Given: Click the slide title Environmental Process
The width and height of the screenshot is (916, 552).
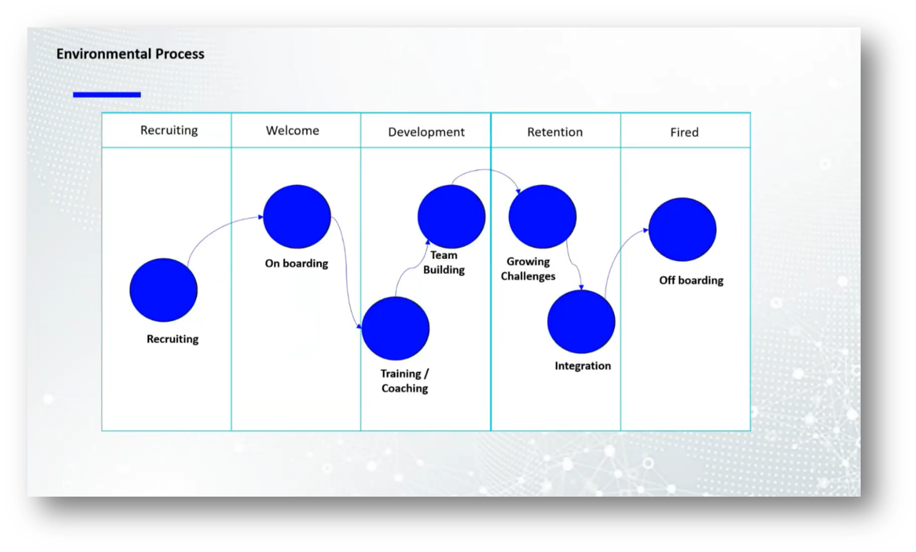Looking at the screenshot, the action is pos(130,54).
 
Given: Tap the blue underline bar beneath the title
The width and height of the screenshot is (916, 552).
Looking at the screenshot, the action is pos(107,94).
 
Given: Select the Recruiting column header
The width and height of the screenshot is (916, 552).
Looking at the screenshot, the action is pos(169,130).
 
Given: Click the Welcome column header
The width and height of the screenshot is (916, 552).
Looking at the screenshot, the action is pos(293,131).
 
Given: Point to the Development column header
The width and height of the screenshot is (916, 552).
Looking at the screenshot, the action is pos(426,132).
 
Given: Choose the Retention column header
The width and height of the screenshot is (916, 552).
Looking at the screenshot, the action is pos(555,132).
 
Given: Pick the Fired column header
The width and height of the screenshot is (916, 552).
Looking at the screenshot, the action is pos(684,132).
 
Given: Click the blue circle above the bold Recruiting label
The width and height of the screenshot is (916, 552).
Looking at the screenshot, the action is pos(164,290).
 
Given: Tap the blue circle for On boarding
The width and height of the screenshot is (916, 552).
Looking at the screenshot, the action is pos(297,217).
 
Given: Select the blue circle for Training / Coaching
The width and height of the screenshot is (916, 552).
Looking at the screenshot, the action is pos(396,328).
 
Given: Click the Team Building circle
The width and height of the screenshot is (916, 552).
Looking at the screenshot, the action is pos(452,217).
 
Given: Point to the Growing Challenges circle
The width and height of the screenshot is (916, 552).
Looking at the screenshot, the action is pos(542,217).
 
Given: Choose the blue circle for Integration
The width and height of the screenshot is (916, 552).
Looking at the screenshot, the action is pos(581,322).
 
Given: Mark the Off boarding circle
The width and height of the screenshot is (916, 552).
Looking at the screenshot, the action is pos(682,229).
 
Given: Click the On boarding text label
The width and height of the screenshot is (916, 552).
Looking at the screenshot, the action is pos(297,263).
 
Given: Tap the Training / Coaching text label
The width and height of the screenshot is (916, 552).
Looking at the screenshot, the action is pos(404,381).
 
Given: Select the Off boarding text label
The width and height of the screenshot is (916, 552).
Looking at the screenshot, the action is pos(691,280).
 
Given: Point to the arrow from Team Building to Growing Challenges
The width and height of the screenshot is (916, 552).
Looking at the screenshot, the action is pos(487,170).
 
